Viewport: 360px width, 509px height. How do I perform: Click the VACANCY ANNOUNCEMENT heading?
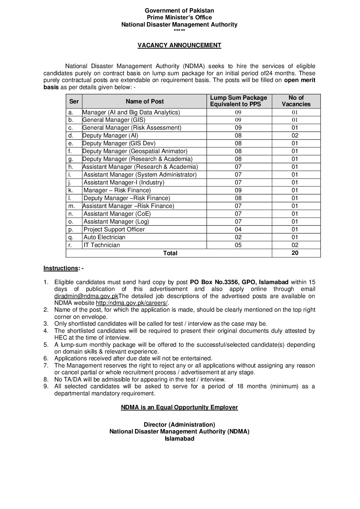point(179,45)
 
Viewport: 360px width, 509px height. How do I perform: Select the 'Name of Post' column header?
point(144,101)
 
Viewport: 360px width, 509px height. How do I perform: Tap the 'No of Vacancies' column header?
point(296,101)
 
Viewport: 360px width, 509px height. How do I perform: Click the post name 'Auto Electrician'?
point(104,237)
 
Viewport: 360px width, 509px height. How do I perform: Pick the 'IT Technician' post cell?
point(102,245)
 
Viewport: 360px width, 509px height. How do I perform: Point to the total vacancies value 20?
point(295,253)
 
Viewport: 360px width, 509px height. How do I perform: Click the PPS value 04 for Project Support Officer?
point(238,229)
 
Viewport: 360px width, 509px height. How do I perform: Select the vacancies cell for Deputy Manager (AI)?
point(295,135)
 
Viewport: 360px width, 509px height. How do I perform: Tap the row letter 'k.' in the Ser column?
point(71,190)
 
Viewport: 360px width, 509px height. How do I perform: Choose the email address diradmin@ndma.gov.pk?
point(86,296)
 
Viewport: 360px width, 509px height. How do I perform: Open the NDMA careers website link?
point(132,303)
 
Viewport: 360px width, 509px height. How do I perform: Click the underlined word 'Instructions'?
point(61,268)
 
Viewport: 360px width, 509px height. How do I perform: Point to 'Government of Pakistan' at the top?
point(179,11)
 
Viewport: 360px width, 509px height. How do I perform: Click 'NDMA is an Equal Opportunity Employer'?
point(179,407)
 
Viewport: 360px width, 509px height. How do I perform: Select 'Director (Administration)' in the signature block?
point(179,425)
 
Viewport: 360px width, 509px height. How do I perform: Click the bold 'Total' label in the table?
point(170,253)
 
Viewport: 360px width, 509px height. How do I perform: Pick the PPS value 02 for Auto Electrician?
point(238,237)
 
